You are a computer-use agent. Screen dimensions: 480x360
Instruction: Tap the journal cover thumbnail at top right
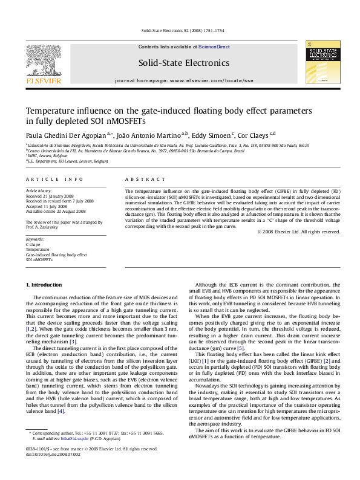click(321, 63)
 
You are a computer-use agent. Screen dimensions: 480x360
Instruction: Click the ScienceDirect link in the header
click(214, 47)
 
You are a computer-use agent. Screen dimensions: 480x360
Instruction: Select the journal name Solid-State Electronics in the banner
click(184, 62)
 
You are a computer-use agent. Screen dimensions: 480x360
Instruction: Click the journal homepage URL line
click(184, 80)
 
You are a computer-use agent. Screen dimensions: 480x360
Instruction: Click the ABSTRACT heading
click(145, 180)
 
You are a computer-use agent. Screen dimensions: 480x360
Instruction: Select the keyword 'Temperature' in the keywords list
click(38, 250)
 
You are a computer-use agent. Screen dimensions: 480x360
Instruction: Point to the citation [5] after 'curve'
click(240, 349)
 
